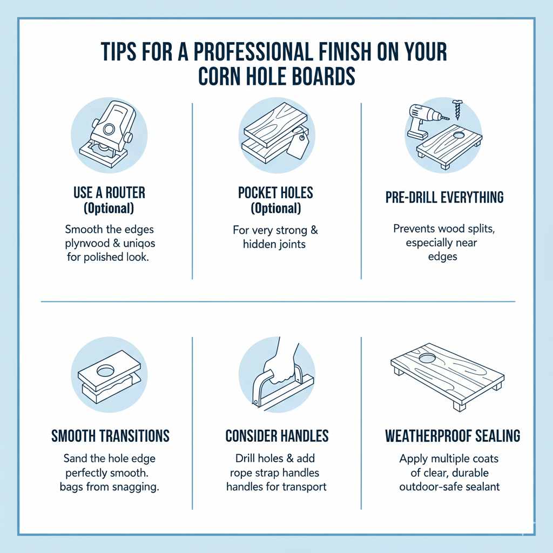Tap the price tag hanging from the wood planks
296,145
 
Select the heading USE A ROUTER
109,193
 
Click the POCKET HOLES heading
276,193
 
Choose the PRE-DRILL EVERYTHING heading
444,198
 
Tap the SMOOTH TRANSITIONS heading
110,435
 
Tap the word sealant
478,487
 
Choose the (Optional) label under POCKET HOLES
276,208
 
